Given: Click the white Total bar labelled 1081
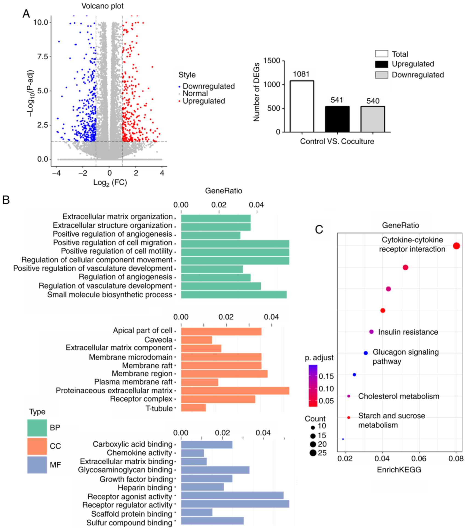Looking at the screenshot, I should [302, 106].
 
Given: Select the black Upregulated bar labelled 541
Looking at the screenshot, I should [337, 119].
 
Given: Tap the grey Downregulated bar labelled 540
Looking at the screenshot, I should [373, 119].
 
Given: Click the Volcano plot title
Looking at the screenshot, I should [103, 6].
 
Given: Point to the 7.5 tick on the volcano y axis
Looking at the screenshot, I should [43, 57].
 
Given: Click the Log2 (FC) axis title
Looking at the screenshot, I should [110, 183].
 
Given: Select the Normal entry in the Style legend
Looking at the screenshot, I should [195, 93].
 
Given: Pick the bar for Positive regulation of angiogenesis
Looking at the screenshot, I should [211, 235].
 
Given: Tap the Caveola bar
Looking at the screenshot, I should [196, 340].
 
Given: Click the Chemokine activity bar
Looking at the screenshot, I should [192, 453].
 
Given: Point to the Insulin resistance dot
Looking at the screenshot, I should [371, 332].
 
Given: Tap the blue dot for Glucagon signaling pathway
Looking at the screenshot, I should [366, 353].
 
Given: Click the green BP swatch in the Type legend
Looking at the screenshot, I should [37, 427].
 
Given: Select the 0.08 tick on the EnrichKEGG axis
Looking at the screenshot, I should [456, 459].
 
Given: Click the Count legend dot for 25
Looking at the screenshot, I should [313, 453].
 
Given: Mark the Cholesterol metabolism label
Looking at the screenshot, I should [399, 396].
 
